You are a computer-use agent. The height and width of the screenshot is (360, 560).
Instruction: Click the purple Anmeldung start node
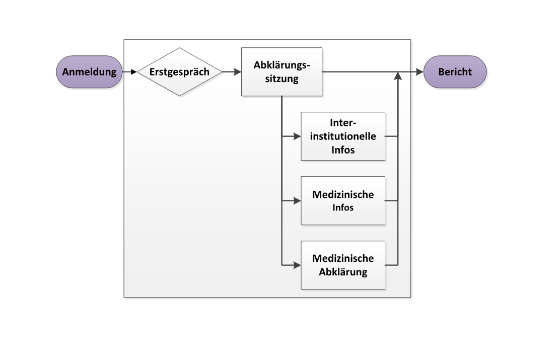[x=89, y=72]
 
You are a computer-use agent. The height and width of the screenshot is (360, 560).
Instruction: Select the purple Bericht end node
[x=455, y=72]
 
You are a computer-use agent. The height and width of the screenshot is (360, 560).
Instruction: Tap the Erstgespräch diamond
[x=180, y=72]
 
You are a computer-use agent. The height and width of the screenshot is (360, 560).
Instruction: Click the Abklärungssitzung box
[x=282, y=72]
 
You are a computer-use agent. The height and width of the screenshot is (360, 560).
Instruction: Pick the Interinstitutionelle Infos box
[x=343, y=136]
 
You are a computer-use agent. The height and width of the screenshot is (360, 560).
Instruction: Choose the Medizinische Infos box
[x=343, y=200]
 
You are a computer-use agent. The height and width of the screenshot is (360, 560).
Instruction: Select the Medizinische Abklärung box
[x=343, y=265]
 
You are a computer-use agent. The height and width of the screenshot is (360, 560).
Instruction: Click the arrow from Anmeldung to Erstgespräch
[x=130, y=72]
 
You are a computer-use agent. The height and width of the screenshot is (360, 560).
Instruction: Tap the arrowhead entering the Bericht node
[x=419, y=72]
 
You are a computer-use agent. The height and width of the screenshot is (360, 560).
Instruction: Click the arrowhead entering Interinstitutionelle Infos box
[x=297, y=136]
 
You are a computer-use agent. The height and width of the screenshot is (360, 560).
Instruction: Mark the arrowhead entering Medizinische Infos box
[x=297, y=200]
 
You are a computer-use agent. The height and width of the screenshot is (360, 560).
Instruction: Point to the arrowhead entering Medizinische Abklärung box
[x=297, y=265]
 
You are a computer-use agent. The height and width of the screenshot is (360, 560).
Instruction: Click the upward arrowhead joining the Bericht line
[x=398, y=76]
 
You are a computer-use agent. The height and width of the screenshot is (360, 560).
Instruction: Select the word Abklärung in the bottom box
[x=343, y=272]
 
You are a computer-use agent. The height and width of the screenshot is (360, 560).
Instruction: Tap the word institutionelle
[x=343, y=136]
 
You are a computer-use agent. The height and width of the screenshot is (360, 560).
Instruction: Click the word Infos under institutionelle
[x=343, y=150]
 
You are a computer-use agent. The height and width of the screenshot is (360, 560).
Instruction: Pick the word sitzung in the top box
[x=282, y=79]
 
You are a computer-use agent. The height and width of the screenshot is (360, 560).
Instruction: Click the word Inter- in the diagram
[x=343, y=123]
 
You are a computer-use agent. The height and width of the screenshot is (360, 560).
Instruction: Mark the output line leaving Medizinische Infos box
[x=392, y=200]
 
